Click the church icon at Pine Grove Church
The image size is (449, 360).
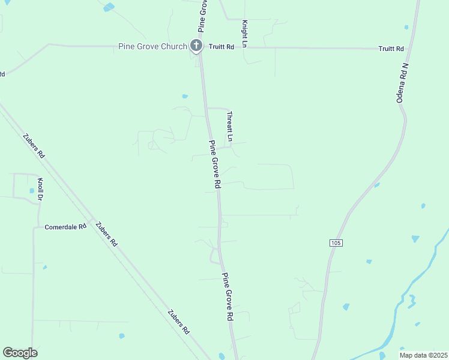pos(196,46)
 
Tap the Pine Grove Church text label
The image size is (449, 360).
pos(152,46)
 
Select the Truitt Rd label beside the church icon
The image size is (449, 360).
pos(221,46)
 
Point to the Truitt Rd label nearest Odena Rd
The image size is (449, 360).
pos(391,49)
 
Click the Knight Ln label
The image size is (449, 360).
pos(245,34)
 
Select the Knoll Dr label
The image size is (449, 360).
pos(41,189)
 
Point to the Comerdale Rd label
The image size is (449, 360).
pos(65,227)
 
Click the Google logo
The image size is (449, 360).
pos(20,353)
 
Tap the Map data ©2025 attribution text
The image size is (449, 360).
pos(423,355)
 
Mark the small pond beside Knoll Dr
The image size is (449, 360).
pos(32,191)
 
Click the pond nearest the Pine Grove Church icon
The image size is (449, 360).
pos(185,96)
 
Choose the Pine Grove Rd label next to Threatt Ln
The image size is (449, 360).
pos(215,163)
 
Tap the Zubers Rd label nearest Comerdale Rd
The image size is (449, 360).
pos(106,234)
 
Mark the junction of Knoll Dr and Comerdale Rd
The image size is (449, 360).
pos(34,227)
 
